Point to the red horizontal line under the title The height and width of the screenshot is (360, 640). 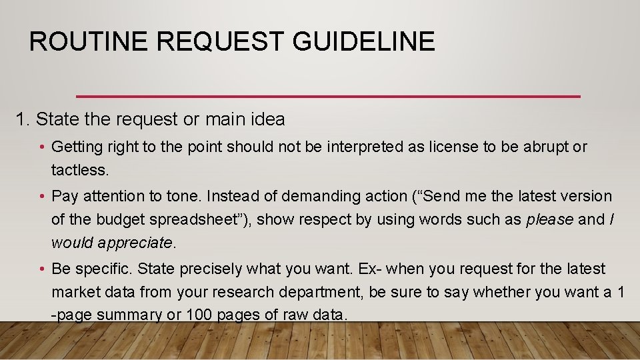tap(328, 97)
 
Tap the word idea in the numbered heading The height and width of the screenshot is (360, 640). tap(267, 119)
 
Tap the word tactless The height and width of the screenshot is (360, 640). tap(79, 170)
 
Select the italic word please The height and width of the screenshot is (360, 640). tap(551, 219)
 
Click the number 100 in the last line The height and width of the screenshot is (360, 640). tap(197, 315)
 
